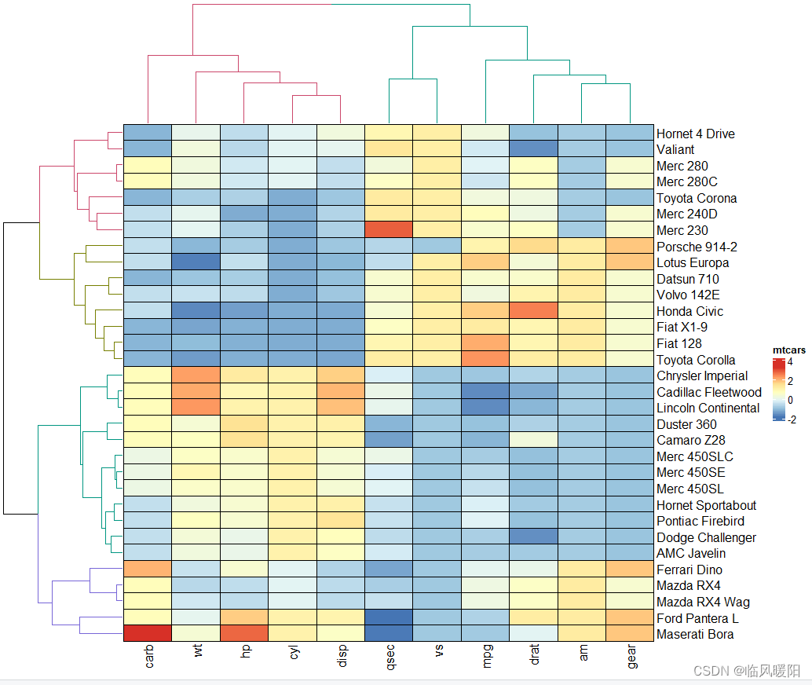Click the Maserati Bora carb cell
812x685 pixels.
coord(148,634)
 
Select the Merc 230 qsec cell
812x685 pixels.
coord(389,230)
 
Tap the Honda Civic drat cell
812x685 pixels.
coord(534,311)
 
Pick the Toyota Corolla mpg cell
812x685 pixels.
coord(485,360)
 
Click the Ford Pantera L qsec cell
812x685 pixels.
coord(389,618)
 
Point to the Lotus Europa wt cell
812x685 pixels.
coord(196,262)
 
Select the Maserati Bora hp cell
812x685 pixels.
coord(244,634)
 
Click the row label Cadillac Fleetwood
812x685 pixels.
coord(708,392)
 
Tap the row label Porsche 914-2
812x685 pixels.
coord(697,247)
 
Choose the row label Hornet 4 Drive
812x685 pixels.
coord(695,134)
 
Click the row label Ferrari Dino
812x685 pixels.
coord(689,570)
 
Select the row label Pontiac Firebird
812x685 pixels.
coord(700,521)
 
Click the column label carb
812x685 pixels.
coord(149,658)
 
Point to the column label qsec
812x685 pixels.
coord(390,658)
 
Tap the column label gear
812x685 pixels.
coord(632,658)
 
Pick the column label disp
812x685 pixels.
coord(342,658)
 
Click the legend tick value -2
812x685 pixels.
coord(791,419)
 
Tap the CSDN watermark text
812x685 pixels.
coord(745,671)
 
